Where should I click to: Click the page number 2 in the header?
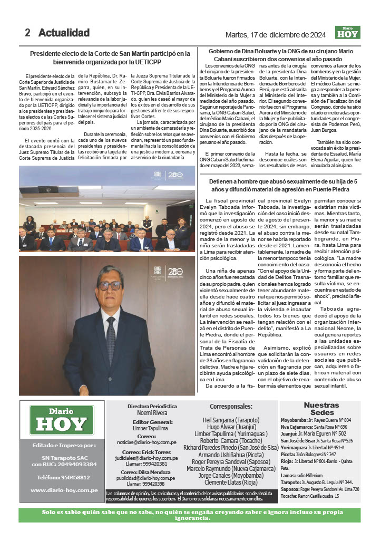point(27,33)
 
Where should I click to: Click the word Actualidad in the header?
point(64,33)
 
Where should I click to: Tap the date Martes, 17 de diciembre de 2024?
point(275,35)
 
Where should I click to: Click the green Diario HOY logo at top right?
point(347,33)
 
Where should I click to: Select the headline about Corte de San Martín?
point(110,57)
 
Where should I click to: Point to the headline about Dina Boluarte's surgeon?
point(281,55)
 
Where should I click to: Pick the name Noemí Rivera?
point(152,413)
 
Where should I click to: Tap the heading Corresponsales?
point(231,407)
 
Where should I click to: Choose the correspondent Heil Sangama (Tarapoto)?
point(231,420)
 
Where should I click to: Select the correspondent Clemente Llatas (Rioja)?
point(231,482)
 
